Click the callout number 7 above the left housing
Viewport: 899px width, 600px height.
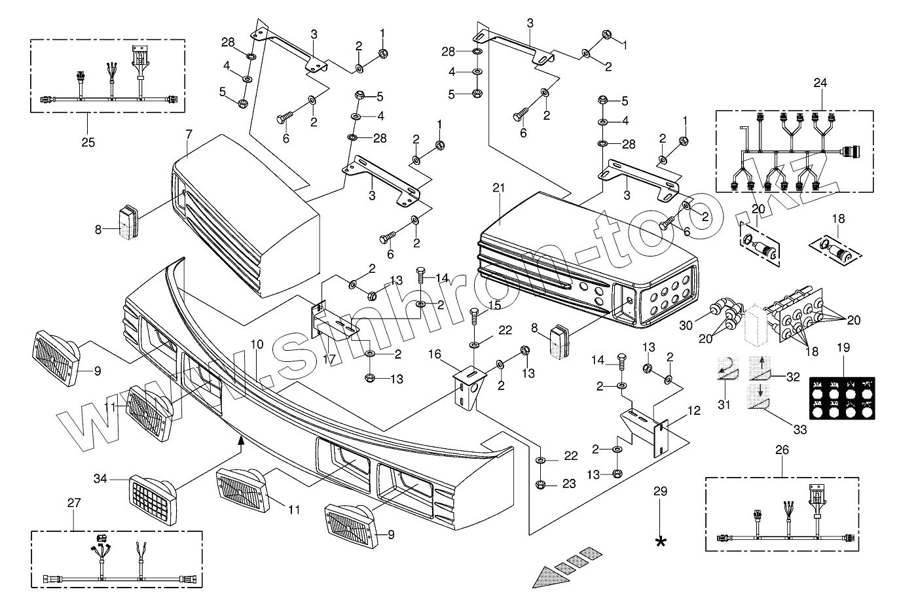189,134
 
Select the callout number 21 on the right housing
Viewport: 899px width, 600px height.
500,188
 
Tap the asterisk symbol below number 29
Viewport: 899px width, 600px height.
661,540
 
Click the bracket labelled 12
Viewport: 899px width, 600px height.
645,429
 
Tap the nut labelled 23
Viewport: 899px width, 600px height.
541,484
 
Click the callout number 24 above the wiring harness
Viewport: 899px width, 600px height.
820,83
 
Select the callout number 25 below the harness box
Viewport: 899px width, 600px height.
88,141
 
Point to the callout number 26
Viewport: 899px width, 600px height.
782,450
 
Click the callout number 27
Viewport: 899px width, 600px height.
73,503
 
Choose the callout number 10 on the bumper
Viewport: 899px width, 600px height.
257,344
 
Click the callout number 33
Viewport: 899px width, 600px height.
800,430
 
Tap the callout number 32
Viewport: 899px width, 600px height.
793,377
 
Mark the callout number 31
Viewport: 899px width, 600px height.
724,405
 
